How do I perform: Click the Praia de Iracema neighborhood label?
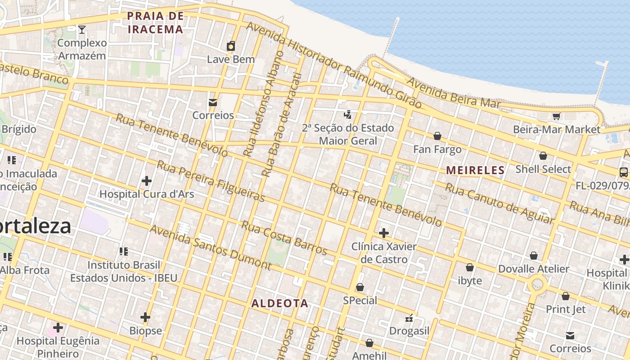(155, 23)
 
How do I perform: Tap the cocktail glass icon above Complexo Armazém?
(81, 30)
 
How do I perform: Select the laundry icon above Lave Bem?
(231, 46)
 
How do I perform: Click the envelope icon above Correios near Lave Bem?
(213, 103)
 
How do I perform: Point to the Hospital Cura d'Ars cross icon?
(146, 181)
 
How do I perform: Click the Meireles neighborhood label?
(475, 170)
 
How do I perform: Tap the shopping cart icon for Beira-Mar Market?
(556, 117)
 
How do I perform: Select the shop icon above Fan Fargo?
(437, 136)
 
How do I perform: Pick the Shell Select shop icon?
(543, 156)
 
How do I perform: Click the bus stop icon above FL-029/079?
(624, 172)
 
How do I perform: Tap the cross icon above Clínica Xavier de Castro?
(383, 233)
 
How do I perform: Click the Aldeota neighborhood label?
(280, 303)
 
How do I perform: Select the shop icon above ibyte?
(470, 268)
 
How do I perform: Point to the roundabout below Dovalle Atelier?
(537, 285)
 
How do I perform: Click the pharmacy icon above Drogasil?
(409, 318)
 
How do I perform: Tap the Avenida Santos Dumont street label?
(210, 247)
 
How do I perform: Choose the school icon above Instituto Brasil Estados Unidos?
(124, 252)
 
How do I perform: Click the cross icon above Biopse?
(145, 317)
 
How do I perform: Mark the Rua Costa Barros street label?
(284, 238)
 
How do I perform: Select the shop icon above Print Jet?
(566, 296)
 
